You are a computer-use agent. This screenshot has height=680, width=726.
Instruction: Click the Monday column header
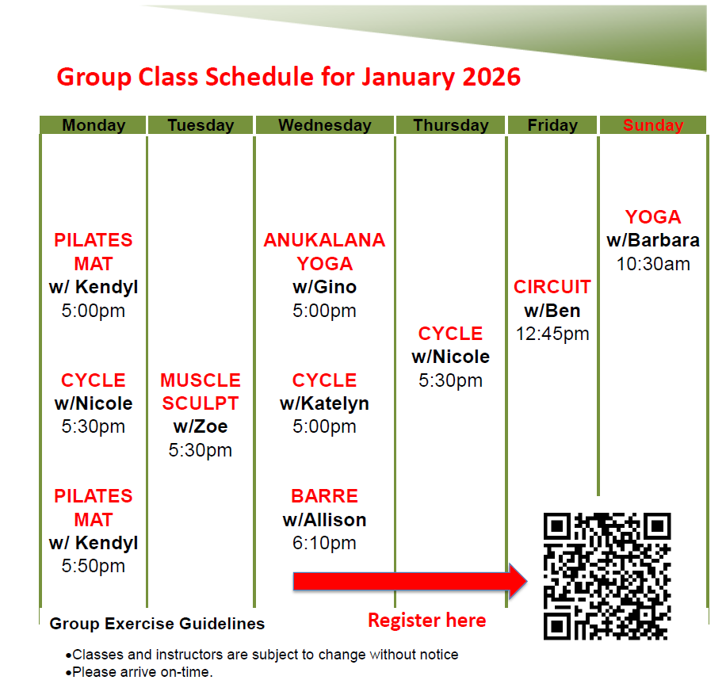[x=94, y=125]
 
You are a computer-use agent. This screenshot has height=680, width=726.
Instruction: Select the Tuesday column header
[x=201, y=125]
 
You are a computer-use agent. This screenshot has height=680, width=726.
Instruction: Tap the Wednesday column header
[x=324, y=125]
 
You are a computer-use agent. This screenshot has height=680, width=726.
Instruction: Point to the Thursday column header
[x=450, y=125]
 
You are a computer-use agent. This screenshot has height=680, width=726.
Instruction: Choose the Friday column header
[x=552, y=125]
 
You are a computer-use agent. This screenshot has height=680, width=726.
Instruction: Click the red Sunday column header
[x=652, y=125]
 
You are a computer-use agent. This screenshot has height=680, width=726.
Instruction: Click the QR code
[x=607, y=576]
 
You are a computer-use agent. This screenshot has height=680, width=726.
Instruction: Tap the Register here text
[x=426, y=621]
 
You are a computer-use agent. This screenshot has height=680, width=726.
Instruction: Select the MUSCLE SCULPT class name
[x=201, y=392]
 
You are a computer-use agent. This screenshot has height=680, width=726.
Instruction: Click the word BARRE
[x=324, y=496]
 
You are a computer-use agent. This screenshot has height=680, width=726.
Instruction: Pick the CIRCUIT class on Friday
[x=552, y=287]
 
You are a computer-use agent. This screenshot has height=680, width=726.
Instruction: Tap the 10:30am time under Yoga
[x=652, y=264]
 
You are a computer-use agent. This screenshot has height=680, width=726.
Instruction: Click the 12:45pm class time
[x=552, y=334]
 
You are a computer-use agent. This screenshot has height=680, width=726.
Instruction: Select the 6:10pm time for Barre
[x=324, y=543]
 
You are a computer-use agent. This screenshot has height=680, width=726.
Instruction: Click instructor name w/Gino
[x=324, y=287]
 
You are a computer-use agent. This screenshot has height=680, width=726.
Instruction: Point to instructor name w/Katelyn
[x=324, y=403]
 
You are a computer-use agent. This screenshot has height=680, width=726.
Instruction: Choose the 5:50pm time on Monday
[x=94, y=566]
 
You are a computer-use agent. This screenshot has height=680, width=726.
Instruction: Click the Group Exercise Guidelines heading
[x=157, y=624]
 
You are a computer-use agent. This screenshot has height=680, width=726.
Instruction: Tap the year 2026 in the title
[x=491, y=77]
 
